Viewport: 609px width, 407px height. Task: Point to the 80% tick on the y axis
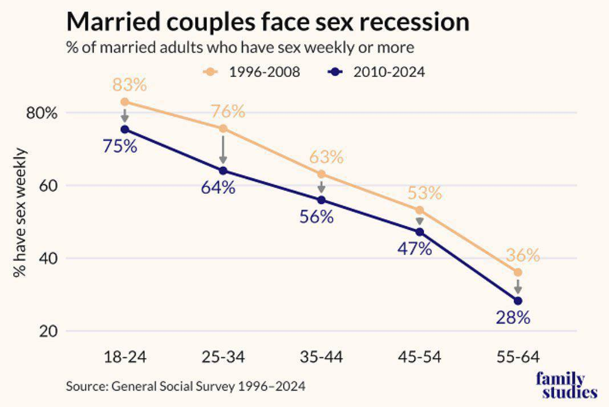coord(42,113)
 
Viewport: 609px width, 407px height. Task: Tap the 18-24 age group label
coord(125,357)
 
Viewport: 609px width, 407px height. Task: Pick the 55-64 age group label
coord(518,357)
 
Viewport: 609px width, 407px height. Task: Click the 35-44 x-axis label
coord(321,357)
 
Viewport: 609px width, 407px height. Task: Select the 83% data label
coord(129,85)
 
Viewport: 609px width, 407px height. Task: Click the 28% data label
coord(513,318)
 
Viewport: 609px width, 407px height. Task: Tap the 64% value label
coord(218,187)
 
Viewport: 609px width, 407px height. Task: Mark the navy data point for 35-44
coord(321,200)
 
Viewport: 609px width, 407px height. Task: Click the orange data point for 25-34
coord(223,129)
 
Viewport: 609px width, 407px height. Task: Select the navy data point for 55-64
coord(518,300)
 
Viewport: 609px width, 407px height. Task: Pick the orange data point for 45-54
coord(420,210)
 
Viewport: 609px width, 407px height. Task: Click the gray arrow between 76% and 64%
coord(223,149)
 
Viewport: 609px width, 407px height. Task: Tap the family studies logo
coord(567,386)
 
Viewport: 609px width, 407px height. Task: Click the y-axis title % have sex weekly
coord(21,212)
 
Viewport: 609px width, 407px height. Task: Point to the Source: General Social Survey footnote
coord(186,386)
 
